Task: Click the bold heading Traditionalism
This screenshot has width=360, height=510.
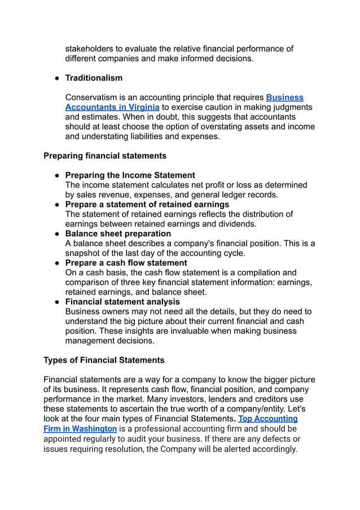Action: click(94, 78)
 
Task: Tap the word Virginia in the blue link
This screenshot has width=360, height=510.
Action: click(144, 107)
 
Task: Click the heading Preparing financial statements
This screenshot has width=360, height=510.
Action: click(105, 156)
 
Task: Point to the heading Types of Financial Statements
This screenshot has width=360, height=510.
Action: click(104, 360)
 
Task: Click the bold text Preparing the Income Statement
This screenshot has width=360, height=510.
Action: click(130, 175)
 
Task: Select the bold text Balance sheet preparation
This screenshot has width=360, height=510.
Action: click(118, 234)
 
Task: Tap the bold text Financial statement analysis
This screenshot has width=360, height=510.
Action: click(122, 302)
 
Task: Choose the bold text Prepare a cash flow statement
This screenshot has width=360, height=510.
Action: click(126, 263)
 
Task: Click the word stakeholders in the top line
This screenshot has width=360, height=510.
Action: click(91, 49)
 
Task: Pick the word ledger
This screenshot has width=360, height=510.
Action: click(227, 195)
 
